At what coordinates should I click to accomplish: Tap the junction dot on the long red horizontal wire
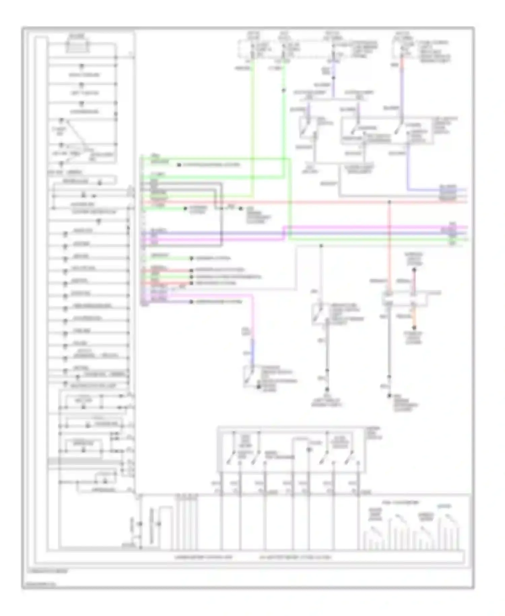pyautogui.click(x=389, y=202)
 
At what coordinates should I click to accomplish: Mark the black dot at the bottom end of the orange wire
pyautogui.click(x=414, y=327)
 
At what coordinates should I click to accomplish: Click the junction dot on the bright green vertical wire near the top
pyautogui.click(x=283, y=90)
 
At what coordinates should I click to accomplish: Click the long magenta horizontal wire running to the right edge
pyautogui.click(x=370, y=227)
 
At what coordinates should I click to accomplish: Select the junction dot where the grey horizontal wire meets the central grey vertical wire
pyautogui.click(x=321, y=246)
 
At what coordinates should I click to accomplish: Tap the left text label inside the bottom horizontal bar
pyautogui.click(x=203, y=557)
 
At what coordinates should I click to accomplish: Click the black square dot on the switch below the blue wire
pyautogui.click(x=259, y=387)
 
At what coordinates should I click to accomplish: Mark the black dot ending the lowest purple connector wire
pyautogui.click(x=191, y=302)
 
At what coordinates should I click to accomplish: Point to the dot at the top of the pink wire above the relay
pyautogui.click(x=414, y=270)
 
